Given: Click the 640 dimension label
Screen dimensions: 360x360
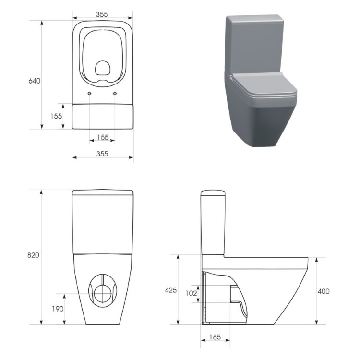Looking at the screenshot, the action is point(34,81).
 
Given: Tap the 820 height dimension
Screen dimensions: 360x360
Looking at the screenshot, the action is point(33,255).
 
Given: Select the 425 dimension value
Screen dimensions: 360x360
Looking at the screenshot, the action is point(171,290).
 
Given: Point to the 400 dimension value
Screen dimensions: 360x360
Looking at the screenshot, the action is point(324,291).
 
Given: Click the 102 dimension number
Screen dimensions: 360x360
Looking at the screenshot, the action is point(191,293).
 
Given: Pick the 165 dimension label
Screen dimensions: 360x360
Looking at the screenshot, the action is point(215,337).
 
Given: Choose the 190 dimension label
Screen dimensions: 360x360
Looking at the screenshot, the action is point(58,309).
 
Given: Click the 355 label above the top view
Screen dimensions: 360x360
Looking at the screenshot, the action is point(102,14).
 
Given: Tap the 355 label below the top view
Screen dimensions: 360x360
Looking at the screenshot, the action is point(102,154).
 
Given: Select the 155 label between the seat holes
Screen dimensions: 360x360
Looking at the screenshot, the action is point(103,137).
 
